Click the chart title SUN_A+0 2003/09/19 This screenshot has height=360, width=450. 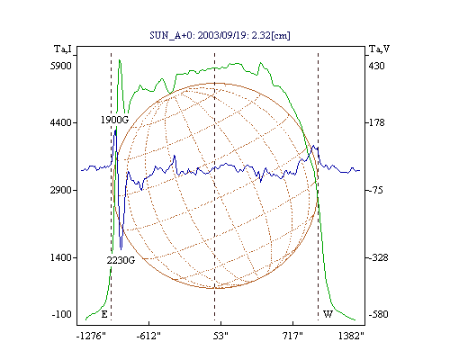click(x=220, y=35)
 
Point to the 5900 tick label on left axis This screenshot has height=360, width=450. click(x=61, y=66)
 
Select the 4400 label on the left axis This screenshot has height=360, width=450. click(x=61, y=122)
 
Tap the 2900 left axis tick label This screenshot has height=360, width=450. click(x=61, y=190)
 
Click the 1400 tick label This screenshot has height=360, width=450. click(x=61, y=257)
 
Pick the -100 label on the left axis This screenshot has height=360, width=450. click(x=62, y=314)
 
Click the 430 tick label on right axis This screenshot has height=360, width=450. click(x=376, y=66)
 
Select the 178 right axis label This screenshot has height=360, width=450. click(x=376, y=122)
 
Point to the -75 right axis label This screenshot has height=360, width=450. click(x=375, y=190)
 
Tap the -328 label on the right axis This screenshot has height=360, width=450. click(x=378, y=257)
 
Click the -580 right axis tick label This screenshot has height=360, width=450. click(x=378, y=314)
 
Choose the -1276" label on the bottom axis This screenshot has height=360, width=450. click(x=91, y=336)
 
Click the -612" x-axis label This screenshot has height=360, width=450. click(x=148, y=336)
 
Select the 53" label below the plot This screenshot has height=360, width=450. click(x=220, y=336)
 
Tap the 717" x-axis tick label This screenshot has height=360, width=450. click(x=292, y=336)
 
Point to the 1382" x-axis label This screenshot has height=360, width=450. click(x=351, y=336)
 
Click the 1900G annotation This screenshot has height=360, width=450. click(x=114, y=120)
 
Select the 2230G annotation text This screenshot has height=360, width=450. click(x=121, y=260)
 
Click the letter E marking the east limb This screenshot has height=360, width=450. click(x=104, y=314)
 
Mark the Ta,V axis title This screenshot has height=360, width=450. click(x=379, y=49)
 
